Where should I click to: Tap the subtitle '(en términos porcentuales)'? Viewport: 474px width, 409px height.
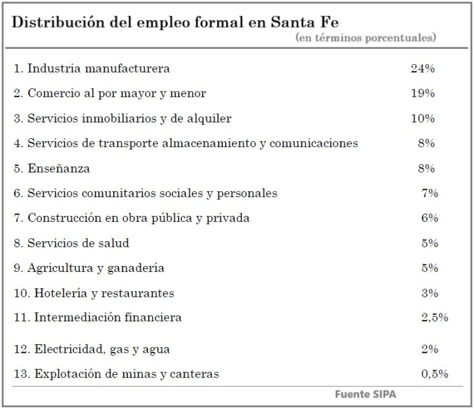tap(366, 38)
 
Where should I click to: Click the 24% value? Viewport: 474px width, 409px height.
tap(422, 68)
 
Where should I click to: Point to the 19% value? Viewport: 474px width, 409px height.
tap(422, 94)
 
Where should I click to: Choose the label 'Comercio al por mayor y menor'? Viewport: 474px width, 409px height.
tap(110, 94)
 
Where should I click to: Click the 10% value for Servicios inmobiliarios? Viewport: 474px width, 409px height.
tap(422, 118)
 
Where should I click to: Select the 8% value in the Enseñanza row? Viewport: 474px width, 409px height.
tap(426, 168)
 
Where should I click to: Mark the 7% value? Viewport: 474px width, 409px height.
tap(430, 193)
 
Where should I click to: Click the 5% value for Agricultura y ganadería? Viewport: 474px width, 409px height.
tap(430, 268)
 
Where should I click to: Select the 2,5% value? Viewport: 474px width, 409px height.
tap(434, 318)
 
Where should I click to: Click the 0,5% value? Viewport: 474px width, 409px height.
tap(434, 374)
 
